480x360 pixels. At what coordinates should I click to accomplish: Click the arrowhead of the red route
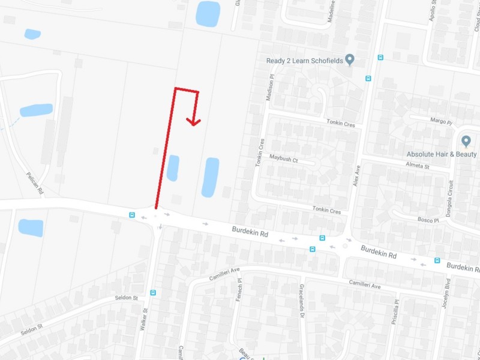click(193, 122)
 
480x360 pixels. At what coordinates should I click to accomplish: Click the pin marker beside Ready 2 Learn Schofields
click(350, 59)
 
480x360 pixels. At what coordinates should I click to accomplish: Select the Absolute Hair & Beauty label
click(441, 154)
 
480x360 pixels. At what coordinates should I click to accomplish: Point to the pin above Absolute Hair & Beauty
click(466, 141)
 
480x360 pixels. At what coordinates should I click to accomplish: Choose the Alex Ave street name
click(358, 175)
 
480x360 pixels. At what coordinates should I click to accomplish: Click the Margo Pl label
click(441, 121)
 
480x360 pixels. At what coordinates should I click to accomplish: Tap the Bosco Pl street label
click(428, 220)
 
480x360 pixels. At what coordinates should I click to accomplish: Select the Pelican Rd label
click(35, 183)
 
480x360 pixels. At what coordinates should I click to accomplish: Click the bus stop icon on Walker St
click(153, 293)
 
